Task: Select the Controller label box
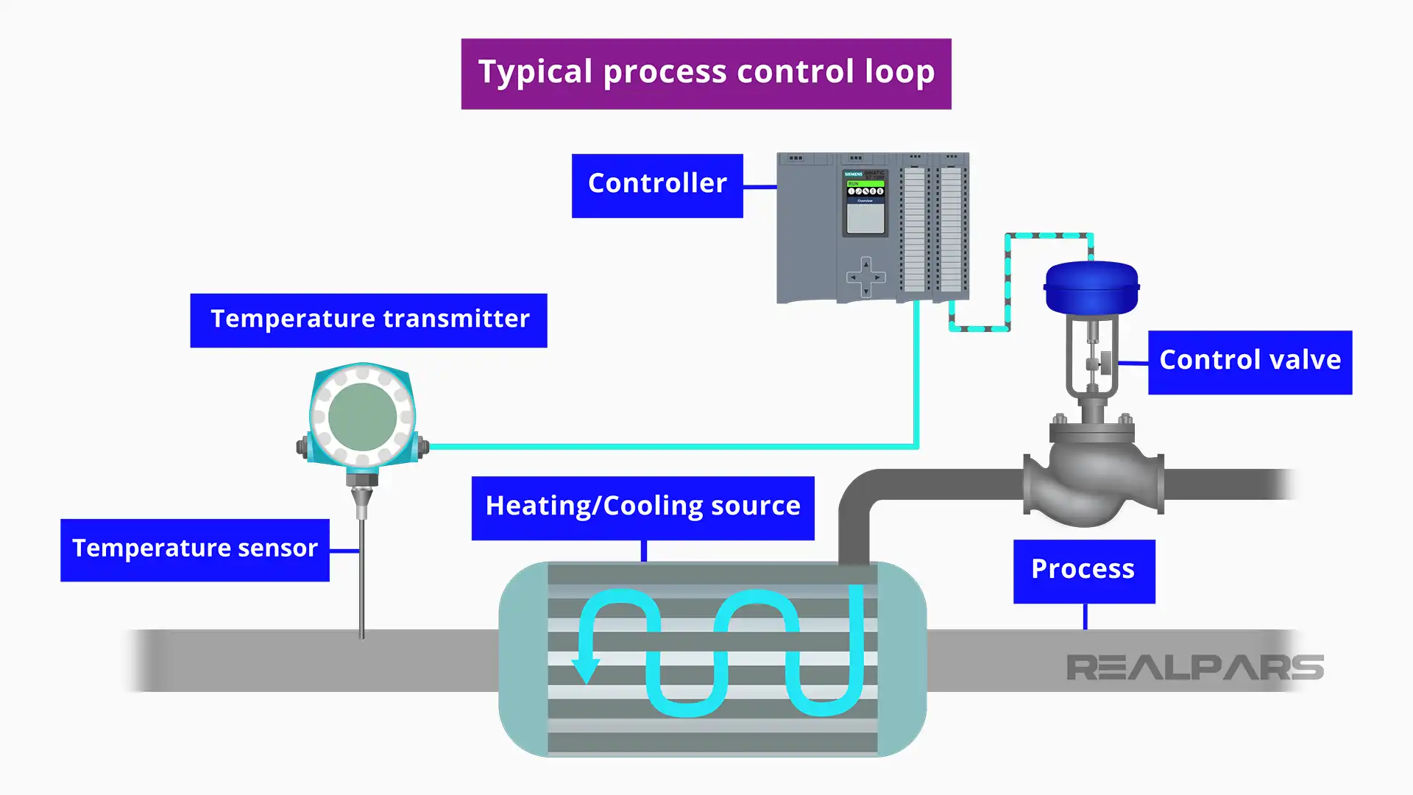tap(657, 185)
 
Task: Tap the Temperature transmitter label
tap(369, 320)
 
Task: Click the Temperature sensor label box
tap(195, 550)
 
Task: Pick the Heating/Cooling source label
tap(642, 508)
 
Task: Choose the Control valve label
tap(1250, 362)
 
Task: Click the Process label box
tap(1083, 571)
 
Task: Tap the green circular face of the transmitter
tap(362, 417)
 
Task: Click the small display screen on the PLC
tap(865, 219)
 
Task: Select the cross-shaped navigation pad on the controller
tap(865, 277)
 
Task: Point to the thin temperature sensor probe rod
tap(361, 582)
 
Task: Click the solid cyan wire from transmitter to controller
tap(662, 446)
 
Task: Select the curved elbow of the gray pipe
tap(858, 493)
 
